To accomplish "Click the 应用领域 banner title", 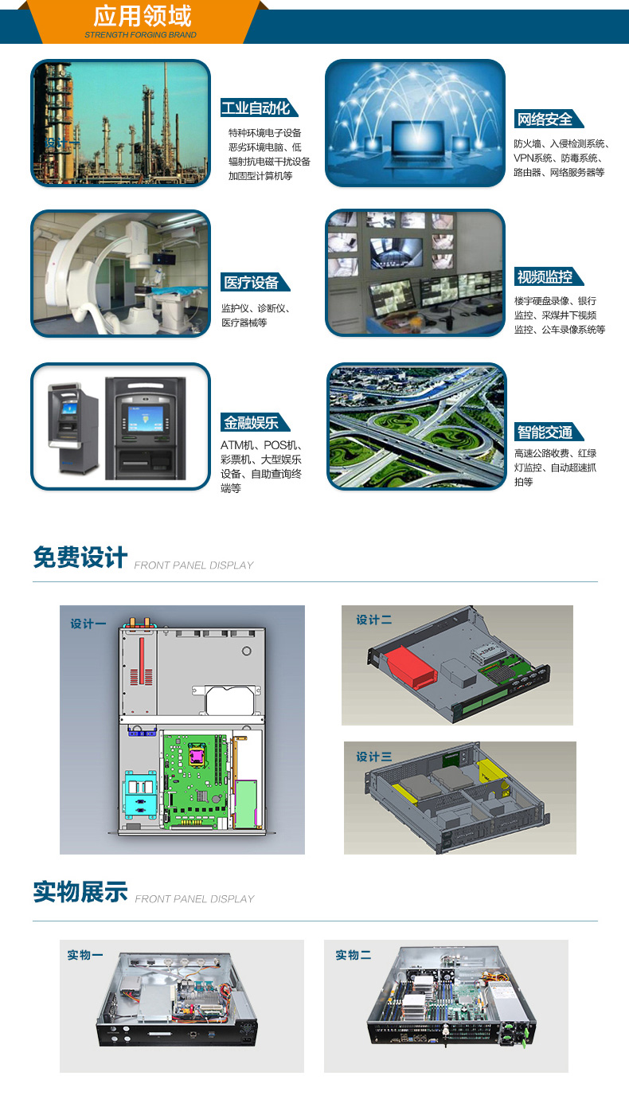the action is pyautogui.click(x=143, y=17).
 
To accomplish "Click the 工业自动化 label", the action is pyautogui.click(x=256, y=108).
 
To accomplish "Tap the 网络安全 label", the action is pyautogui.click(x=545, y=119).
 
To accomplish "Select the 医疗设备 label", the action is pyautogui.click(x=251, y=283).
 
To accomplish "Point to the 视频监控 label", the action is pyautogui.click(x=545, y=277).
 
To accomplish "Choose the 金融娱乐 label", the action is pyautogui.click(x=251, y=423).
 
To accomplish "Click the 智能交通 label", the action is pyautogui.click(x=545, y=432).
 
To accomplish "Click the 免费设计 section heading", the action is pyautogui.click(x=80, y=557).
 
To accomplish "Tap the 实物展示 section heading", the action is pyautogui.click(x=80, y=891).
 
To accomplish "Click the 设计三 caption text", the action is pyautogui.click(x=373, y=757).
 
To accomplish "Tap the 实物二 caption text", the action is pyautogui.click(x=354, y=955).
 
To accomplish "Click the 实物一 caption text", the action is pyautogui.click(x=85, y=955).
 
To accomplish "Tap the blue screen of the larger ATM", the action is pyautogui.click(x=146, y=419).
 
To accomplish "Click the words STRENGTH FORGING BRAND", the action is pyautogui.click(x=140, y=35).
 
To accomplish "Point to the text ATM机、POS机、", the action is pyautogui.click(x=261, y=445).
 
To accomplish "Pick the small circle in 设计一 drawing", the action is pyautogui.click(x=246, y=651).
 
